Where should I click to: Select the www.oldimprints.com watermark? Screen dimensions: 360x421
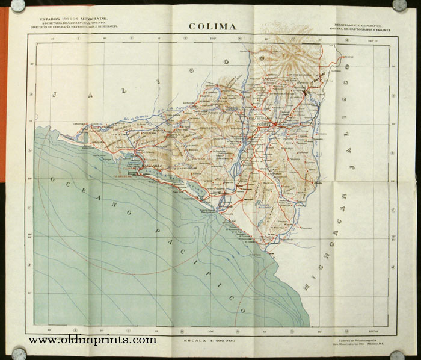(x=92, y=340)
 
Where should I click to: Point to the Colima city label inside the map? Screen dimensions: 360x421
(x=265, y=125)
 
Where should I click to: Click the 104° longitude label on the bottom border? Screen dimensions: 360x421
(x=212, y=330)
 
